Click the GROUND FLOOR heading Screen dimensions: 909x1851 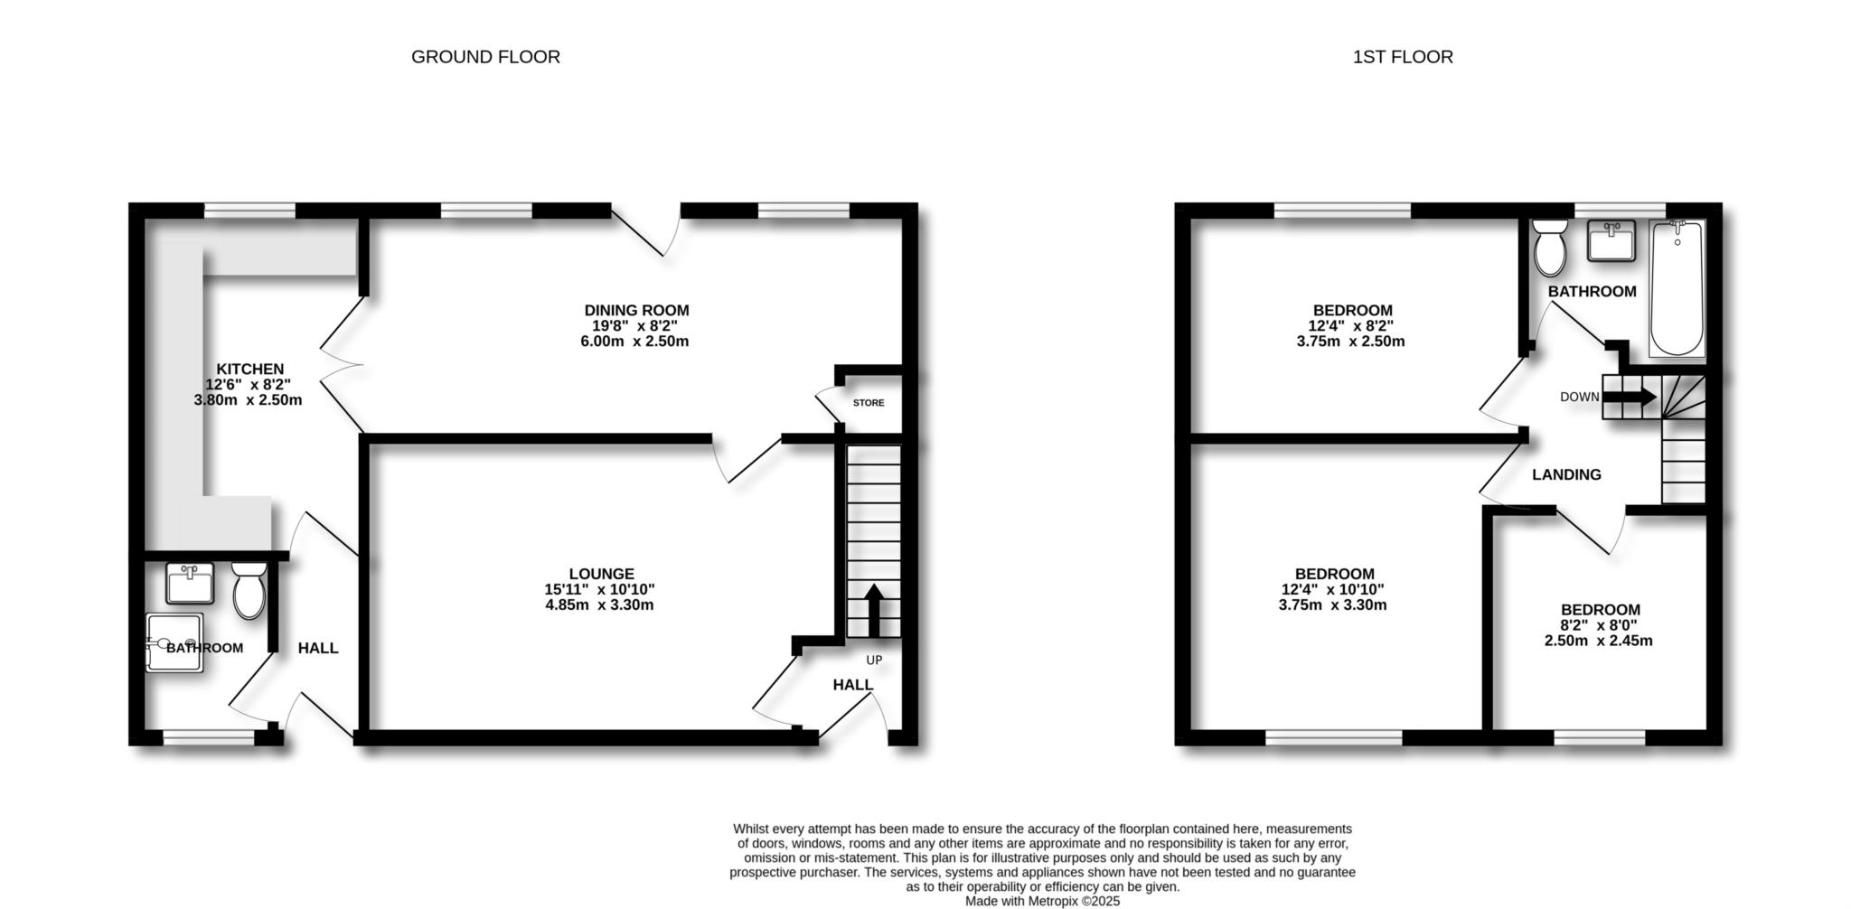[485, 57]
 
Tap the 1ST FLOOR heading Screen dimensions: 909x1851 [1403, 57]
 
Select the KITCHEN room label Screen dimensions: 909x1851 [249, 369]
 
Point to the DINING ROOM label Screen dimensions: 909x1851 [636, 310]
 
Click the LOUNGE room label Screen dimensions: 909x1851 [601, 574]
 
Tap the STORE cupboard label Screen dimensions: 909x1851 [869, 403]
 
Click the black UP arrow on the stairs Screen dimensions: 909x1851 [874, 611]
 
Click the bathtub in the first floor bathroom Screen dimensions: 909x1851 [1677, 287]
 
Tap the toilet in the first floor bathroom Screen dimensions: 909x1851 [1550, 248]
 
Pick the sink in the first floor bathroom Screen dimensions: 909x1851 [1611, 240]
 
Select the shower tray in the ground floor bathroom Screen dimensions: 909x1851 [174, 642]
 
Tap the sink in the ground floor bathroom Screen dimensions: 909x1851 [190, 583]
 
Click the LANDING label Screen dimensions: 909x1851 [1566, 474]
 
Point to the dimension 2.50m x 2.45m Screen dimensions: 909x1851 [1598, 642]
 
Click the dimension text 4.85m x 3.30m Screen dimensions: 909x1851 [598, 605]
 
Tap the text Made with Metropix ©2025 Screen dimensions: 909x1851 [1042, 901]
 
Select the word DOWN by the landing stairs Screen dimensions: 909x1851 [1579, 397]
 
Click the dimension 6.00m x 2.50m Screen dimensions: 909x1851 [634, 342]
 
